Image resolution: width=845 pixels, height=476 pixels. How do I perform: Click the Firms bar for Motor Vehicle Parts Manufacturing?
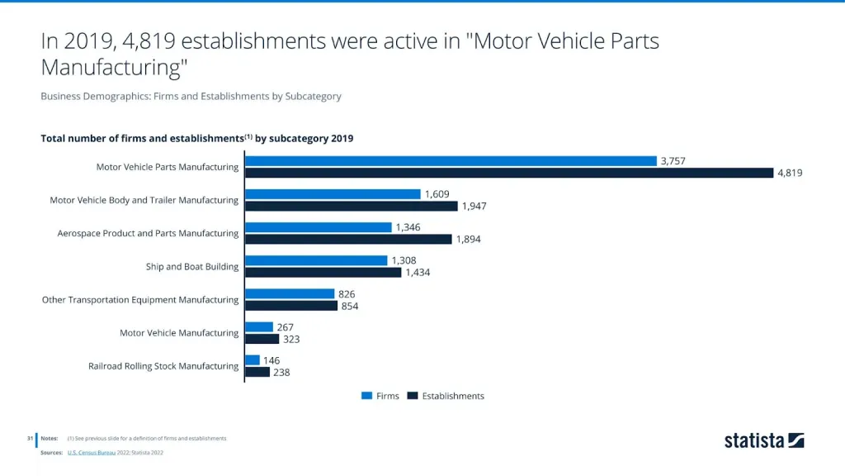tap(451, 161)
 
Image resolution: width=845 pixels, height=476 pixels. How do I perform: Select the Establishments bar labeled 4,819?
tap(509, 173)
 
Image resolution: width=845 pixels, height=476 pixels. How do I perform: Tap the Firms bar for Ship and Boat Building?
tap(316, 260)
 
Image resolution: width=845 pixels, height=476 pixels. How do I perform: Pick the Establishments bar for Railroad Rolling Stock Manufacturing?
tap(257, 372)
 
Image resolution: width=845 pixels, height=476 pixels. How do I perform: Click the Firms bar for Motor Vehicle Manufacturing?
tap(259, 327)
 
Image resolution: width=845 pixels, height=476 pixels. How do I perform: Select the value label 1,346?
tap(409, 227)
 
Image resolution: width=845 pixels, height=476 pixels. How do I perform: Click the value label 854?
tap(349, 306)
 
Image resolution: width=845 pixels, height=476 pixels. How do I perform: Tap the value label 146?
tap(271, 360)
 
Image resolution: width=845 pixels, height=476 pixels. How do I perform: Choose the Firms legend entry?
tap(380, 396)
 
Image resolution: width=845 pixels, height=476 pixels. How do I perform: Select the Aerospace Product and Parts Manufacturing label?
tap(148, 233)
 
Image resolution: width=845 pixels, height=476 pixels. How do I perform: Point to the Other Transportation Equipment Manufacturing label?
tap(140, 300)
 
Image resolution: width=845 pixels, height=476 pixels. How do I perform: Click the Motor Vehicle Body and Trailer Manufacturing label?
tap(144, 200)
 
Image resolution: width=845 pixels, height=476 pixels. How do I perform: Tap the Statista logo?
tap(764, 440)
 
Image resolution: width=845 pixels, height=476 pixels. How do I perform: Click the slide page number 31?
tap(29, 438)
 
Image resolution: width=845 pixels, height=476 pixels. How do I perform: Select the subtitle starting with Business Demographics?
tap(191, 96)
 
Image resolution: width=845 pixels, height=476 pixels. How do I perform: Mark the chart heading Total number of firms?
tap(196, 138)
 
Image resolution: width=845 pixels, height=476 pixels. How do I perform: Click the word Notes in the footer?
tap(50, 438)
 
